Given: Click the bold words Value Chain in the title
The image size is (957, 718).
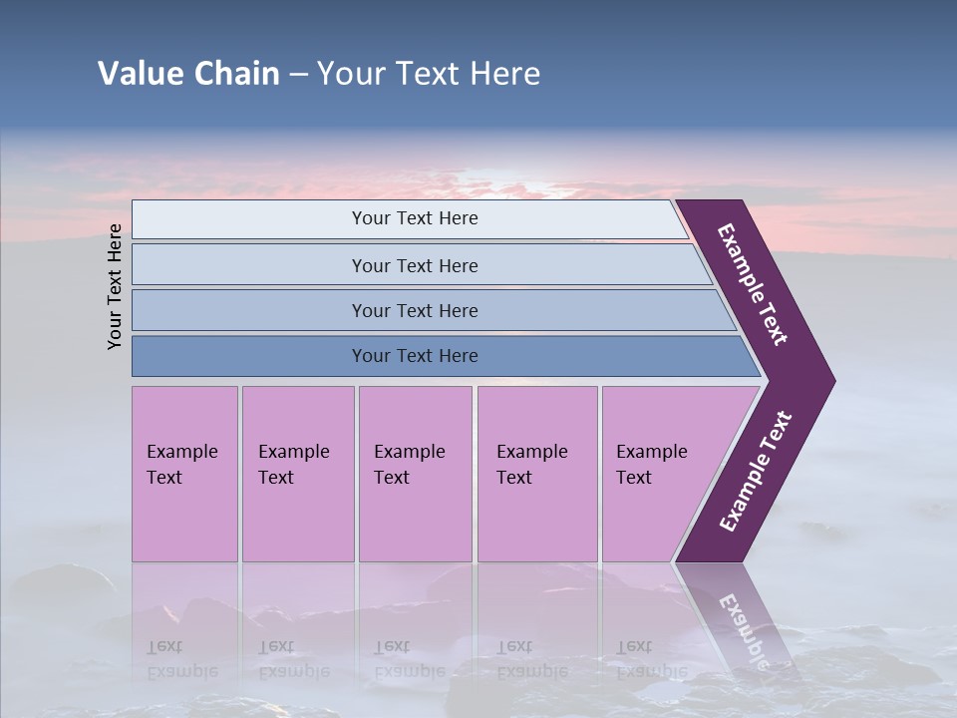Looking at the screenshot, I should [x=188, y=74].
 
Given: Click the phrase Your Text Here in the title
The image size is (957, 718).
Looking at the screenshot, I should [x=429, y=74].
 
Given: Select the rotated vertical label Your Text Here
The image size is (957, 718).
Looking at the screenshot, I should [x=116, y=287].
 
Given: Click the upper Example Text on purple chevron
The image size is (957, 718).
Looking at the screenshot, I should [x=753, y=284].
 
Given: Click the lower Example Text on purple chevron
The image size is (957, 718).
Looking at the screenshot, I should [x=755, y=472].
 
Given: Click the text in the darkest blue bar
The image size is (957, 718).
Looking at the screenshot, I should [x=415, y=356].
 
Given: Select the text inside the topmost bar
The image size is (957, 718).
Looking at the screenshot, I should [x=415, y=218].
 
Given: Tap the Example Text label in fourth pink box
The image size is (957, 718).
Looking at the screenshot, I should [x=531, y=465].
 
